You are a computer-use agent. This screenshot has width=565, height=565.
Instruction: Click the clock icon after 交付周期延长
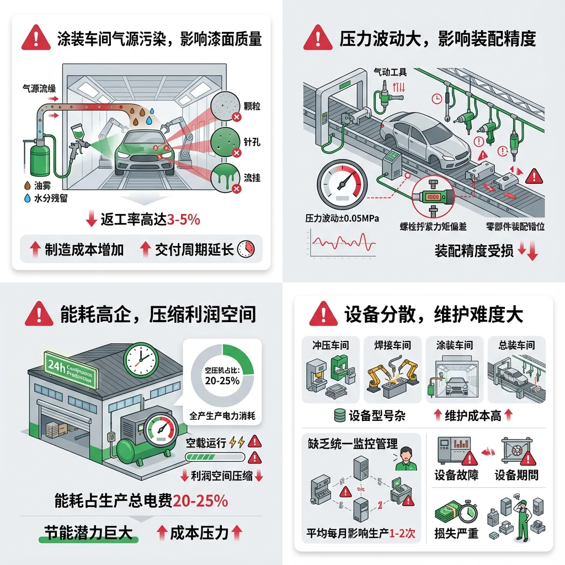(x=246, y=249)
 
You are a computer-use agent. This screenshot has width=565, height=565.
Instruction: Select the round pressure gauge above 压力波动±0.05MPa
(x=342, y=185)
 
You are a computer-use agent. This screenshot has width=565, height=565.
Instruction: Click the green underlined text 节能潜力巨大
(x=88, y=532)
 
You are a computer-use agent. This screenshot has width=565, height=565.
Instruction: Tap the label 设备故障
(x=456, y=475)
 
